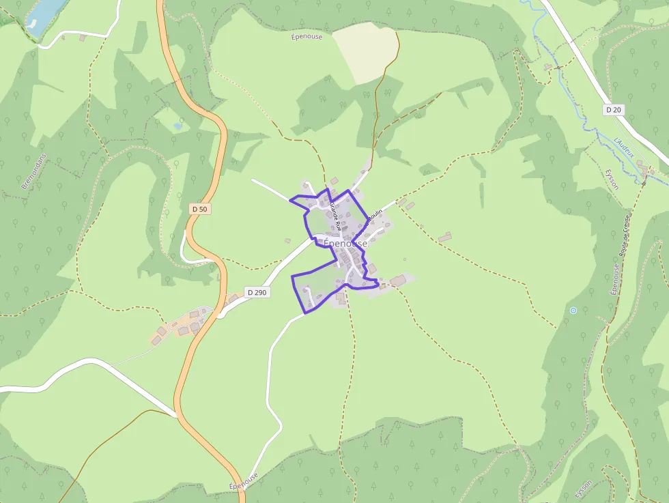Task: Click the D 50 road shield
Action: tap(199, 209)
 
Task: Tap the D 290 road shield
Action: tap(257, 292)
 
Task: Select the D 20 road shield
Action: tap(613, 109)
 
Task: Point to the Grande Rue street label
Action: tap(334, 216)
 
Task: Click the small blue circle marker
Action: tap(573, 311)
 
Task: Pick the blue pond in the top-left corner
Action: tap(45, 15)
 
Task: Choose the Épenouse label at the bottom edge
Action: tap(244, 480)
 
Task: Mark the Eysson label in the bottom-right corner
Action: tap(583, 487)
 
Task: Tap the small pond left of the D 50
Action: tap(178, 126)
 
